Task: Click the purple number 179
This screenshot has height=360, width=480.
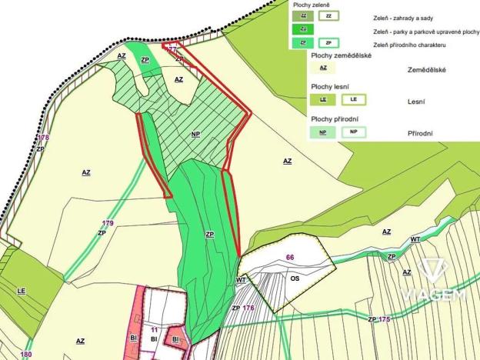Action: pyautogui.click(x=107, y=223)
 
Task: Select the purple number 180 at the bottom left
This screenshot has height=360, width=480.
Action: pyautogui.click(x=27, y=354)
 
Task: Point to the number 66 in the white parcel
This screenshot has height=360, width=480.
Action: pyautogui.click(x=290, y=258)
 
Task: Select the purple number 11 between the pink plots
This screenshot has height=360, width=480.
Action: pyautogui.click(x=154, y=329)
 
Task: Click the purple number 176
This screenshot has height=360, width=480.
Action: pyautogui.click(x=248, y=308)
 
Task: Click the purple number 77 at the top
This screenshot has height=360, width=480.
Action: pyautogui.click(x=172, y=48)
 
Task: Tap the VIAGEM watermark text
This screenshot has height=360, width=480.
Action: pyautogui.click(x=432, y=295)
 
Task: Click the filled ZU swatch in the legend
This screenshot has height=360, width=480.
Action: pyautogui.click(x=303, y=29)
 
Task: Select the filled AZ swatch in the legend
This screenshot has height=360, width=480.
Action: pyautogui.click(x=322, y=68)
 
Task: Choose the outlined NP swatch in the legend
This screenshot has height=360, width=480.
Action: pyautogui.click(x=353, y=132)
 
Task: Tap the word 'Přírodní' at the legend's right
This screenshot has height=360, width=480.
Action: pyautogui.click(x=420, y=133)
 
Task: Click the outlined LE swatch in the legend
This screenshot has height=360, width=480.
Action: pyautogui.click(x=353, y=99)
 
